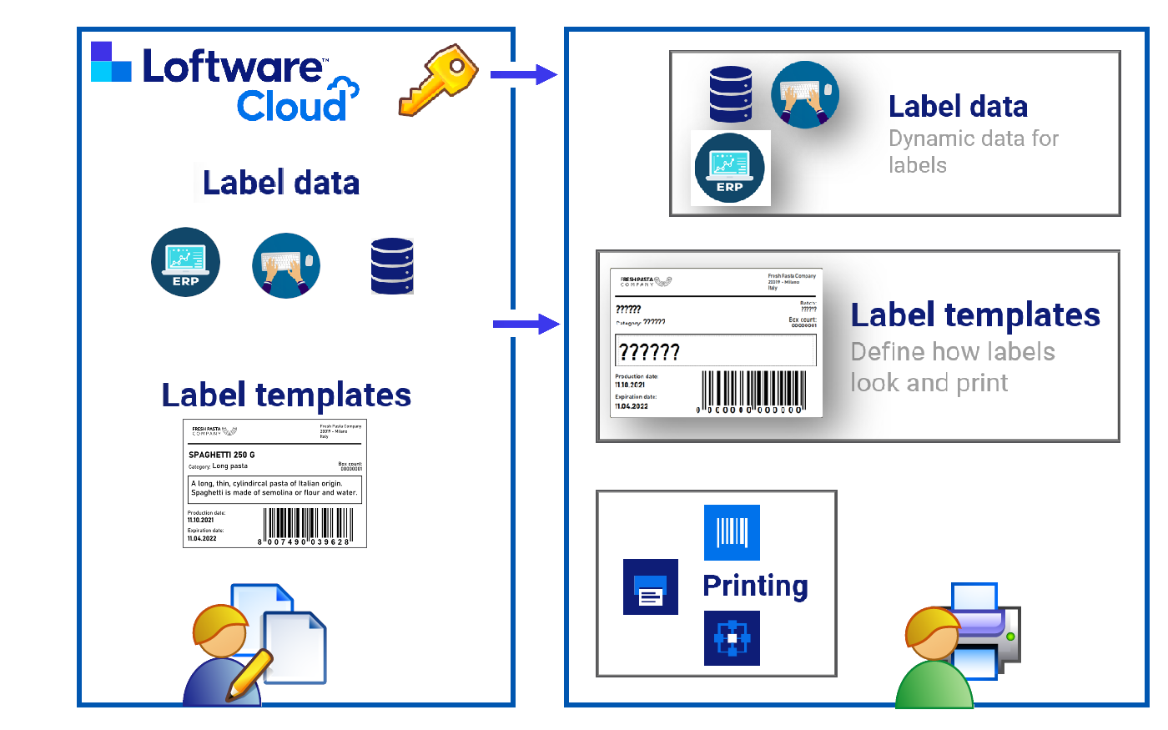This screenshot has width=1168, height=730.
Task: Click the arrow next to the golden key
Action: pos(523,75)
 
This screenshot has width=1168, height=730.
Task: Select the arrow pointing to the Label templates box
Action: pos(526,324)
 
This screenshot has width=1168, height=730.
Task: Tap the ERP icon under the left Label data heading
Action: pos(185,262)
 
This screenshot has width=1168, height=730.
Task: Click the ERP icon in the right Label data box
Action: pos(729,168)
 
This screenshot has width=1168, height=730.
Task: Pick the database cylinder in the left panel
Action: pos(392,266)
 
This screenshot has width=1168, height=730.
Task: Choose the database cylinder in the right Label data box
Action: pos(730,94)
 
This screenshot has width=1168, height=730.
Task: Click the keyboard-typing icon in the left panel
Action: pos(286,265)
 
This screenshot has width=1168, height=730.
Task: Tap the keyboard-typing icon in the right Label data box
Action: pos(804,94)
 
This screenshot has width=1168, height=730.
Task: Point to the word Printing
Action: pos(755,586)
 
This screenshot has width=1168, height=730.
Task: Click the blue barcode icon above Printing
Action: pos(732,532)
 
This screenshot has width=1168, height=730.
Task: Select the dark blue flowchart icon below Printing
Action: pos(732,638)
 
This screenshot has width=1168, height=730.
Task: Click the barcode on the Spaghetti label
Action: pos(307,526)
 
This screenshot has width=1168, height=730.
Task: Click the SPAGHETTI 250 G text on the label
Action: pos(222,455)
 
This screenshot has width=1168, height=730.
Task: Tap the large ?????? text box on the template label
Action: pos(715,350)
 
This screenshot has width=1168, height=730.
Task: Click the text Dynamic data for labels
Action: pos(973,151)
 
